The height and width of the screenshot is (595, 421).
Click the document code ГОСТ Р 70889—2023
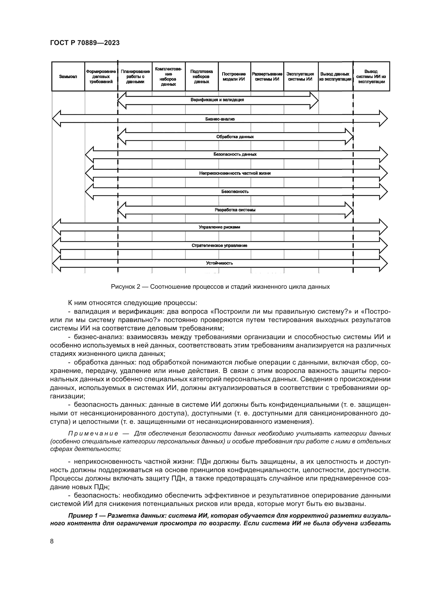[85, 43]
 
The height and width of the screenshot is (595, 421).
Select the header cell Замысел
[68, 77]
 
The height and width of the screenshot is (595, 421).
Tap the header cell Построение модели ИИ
[234, 77]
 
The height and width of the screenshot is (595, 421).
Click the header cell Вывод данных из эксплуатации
[335, 77]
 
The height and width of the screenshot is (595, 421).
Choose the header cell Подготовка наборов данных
[201, 77]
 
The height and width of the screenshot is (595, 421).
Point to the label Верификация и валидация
[217, 100]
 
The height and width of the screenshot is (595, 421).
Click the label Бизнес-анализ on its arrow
[220, 119]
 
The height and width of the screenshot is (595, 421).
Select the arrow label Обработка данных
[235, 137]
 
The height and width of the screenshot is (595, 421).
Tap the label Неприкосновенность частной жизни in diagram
[235, 173]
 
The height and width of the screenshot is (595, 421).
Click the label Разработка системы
[235, 210]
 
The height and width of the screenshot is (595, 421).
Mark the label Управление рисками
[219, 227]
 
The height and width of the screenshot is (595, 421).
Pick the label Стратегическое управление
[219, 245]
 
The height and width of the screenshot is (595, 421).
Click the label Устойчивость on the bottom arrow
[219, 263]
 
